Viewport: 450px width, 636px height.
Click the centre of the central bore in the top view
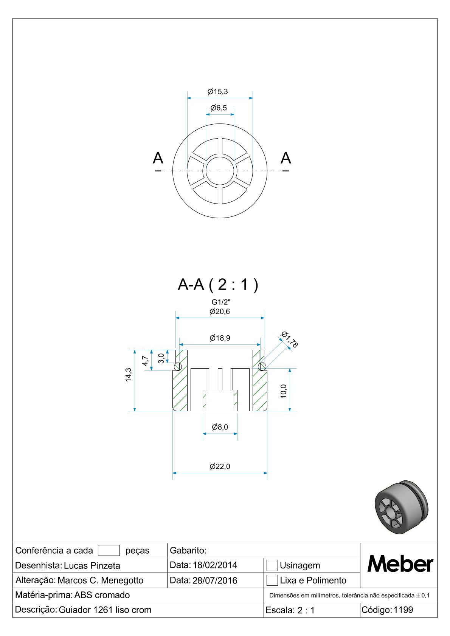point(220,171)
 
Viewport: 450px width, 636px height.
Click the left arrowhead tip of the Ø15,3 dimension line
point(187,98)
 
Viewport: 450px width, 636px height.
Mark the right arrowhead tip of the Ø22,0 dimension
point(267,473)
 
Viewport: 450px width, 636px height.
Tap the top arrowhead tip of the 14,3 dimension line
point(135,350)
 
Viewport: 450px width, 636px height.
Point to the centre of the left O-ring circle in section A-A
point(178,367)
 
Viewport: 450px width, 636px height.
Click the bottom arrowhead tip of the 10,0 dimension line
point(290,411)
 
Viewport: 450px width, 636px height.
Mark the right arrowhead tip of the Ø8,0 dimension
point(237,434)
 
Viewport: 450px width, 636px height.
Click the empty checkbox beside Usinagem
point(272,565)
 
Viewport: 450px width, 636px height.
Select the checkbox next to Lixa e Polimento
point(272,580)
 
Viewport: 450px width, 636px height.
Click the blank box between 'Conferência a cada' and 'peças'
point(109,550)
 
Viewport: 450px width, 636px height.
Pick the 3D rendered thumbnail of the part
point(401,507)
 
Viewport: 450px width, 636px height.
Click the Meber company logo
point(400,563)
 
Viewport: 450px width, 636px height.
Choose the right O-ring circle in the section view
point(262,367)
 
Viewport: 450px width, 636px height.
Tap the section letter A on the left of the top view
point(158,158)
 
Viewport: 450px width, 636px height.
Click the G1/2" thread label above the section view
point(221,302)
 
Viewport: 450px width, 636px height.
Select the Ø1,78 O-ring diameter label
point(289,339)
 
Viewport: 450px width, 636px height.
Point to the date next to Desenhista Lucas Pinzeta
point(215,565)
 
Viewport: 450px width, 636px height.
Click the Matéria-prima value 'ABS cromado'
point(102,595)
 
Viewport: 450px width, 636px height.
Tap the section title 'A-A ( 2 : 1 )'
point(218,284)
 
